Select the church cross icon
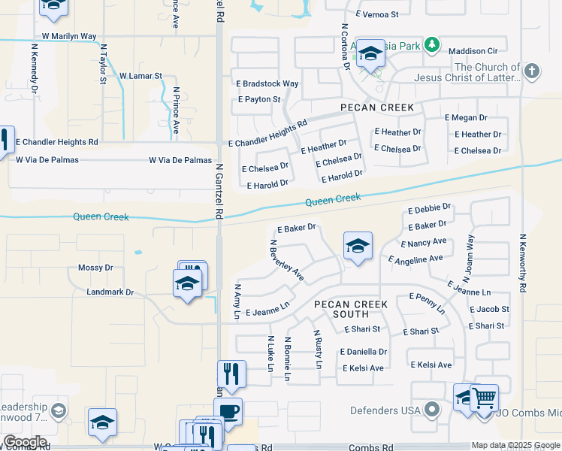click(532, 71)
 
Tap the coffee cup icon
click(228, 411)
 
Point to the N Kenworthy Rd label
click(522, 262)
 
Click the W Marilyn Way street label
click(69, 36)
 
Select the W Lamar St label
click(140, 76)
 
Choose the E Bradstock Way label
click(267, 83)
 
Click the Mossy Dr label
click(95, 268)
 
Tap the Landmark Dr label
click(110, 292)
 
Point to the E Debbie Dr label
click(430, 208)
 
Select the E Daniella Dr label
click(364, 351)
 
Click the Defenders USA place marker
click(431, 410)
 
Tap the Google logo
click(25, 442)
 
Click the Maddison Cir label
click(474, 51)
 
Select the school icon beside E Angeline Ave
click(358, 245)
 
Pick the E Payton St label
click(258, 99)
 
